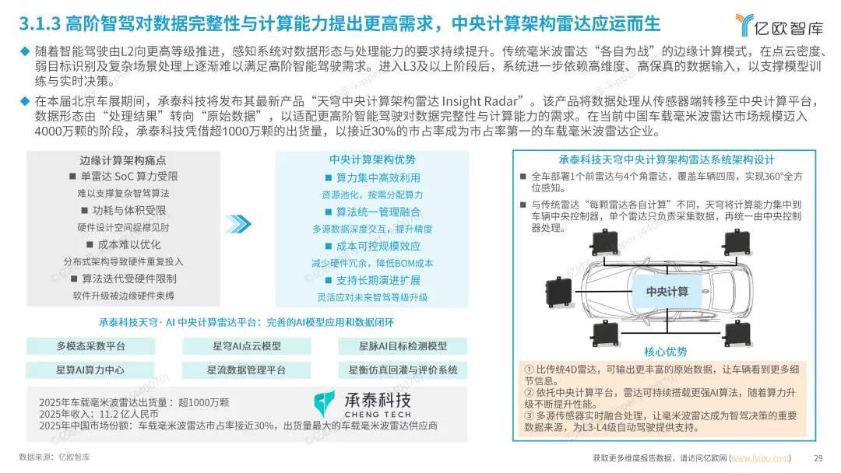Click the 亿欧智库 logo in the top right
(779, 25)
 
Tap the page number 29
(818, 458)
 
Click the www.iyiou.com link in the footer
(760, 458)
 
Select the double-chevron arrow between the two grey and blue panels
(238, 224)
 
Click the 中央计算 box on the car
(667, 292)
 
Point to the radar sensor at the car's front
(558, 292)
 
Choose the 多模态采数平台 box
(90, 346)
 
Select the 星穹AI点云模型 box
(247, 346)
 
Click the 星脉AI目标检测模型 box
(403, 346)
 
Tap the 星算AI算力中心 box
(90, 370)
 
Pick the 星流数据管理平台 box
(247, 370)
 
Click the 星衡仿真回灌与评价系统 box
(403, 370)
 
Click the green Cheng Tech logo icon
(324, 404)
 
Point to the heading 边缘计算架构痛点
(123, 160)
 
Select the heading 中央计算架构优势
(372, 159)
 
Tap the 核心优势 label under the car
(665, 352)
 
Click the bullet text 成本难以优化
(128, 245)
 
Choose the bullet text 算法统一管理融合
(378, 212)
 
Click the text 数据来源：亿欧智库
(55, 457)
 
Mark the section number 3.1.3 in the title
(39, 23)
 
